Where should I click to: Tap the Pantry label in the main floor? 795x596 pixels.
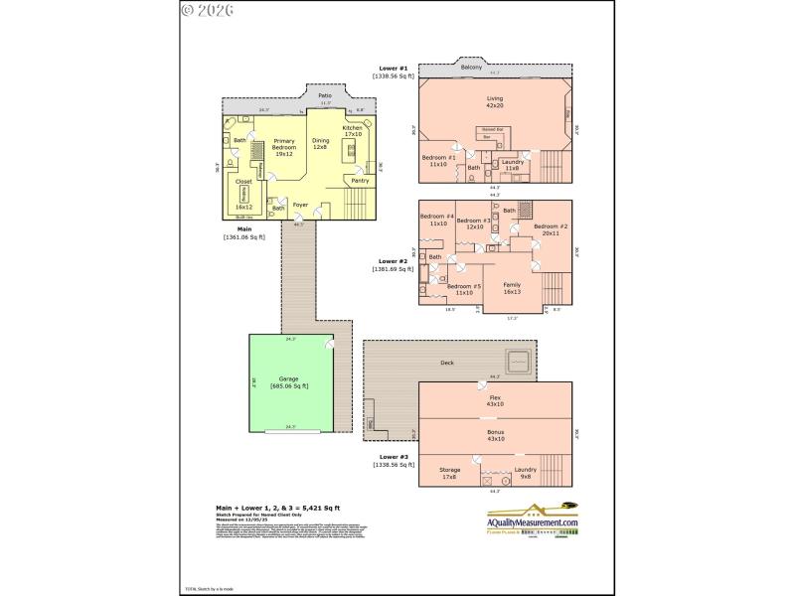(360, 181)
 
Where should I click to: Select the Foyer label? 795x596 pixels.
(300, 206)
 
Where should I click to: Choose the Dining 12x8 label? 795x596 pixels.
(321, 144)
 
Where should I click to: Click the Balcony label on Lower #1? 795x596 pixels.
(471, 67)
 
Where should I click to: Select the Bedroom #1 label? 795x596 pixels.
(438, 161)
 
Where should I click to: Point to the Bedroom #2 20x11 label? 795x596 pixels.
(551, 230)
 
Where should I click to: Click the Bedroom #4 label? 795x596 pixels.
(437, 221)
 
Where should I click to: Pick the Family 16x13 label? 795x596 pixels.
(513, 287)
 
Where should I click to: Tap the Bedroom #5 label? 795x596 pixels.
(464, 290)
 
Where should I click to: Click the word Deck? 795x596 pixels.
(447, 364)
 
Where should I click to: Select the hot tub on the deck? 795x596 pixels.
(519, 361)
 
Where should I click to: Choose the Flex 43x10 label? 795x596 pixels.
(495, 400)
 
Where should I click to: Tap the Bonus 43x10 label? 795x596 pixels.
(495, 436)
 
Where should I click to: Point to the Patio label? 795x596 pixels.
(325, 95)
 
